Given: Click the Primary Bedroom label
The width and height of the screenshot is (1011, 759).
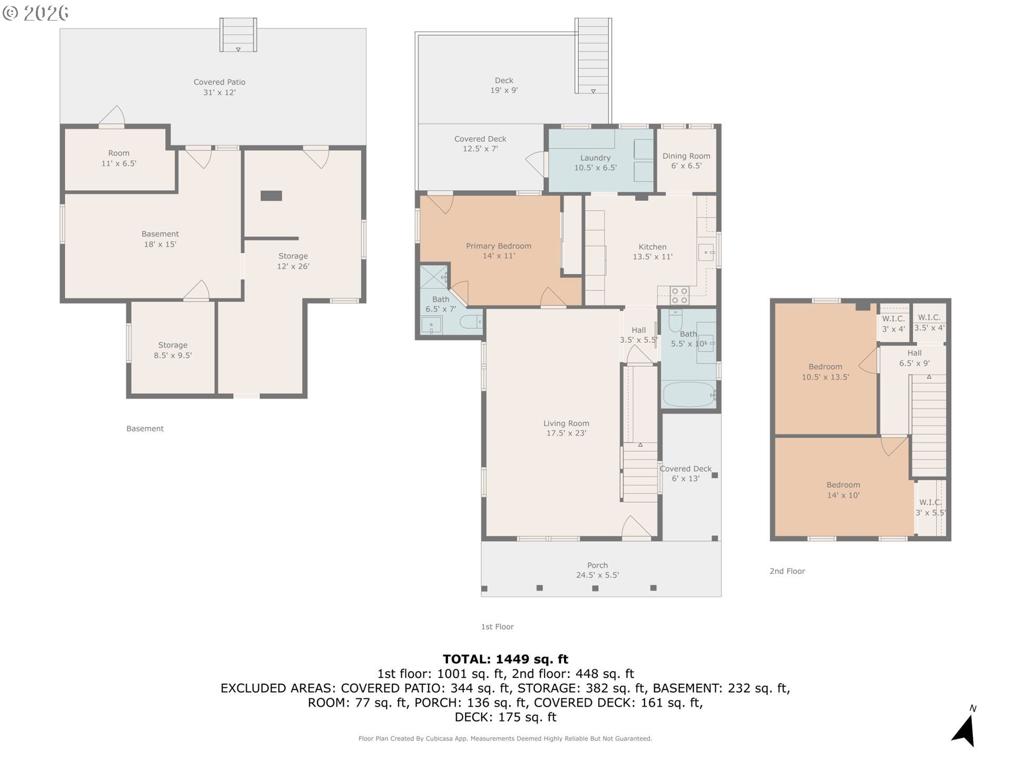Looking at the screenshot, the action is [x=498, y=251].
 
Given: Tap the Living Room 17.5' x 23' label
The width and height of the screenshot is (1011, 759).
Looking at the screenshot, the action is [x=566, y=428].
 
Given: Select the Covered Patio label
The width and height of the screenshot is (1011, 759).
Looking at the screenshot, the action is [x=219, y=87].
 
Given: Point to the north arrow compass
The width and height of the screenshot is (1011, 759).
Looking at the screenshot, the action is [x=965, y=727].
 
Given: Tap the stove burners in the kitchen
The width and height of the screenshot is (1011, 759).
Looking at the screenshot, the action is [x=679, y=296].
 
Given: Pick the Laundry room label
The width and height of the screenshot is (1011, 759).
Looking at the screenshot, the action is [x=595, y=162].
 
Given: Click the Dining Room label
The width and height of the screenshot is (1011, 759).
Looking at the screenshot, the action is [x=686, y=161].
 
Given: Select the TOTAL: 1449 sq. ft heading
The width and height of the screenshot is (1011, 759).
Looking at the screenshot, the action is [x=506, y=659].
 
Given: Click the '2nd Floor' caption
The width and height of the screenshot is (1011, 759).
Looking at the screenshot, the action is [x=787, y=571].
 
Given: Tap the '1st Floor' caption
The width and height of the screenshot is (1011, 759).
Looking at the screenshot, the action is [x=497, y=627].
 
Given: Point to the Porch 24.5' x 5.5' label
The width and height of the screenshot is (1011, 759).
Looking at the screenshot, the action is [x=597, y=570].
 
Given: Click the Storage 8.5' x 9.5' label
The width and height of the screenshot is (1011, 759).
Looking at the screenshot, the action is [x=173, y=350].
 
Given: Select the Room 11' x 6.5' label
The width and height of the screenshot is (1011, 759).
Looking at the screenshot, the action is [x=118, y=158].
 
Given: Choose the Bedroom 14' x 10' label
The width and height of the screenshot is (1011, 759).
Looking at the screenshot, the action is [x=843, y=490].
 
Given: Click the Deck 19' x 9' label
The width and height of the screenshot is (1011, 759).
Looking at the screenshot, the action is [x=504, y=85].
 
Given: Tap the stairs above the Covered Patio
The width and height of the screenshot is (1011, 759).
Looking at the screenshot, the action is [x=238, y=35].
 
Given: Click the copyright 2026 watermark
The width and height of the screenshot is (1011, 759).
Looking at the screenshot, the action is [x=35, y=13].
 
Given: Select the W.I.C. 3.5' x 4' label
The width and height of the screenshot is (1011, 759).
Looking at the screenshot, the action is [x=929, y=322].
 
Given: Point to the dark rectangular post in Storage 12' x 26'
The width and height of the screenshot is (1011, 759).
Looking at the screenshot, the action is [x=271, y=196].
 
